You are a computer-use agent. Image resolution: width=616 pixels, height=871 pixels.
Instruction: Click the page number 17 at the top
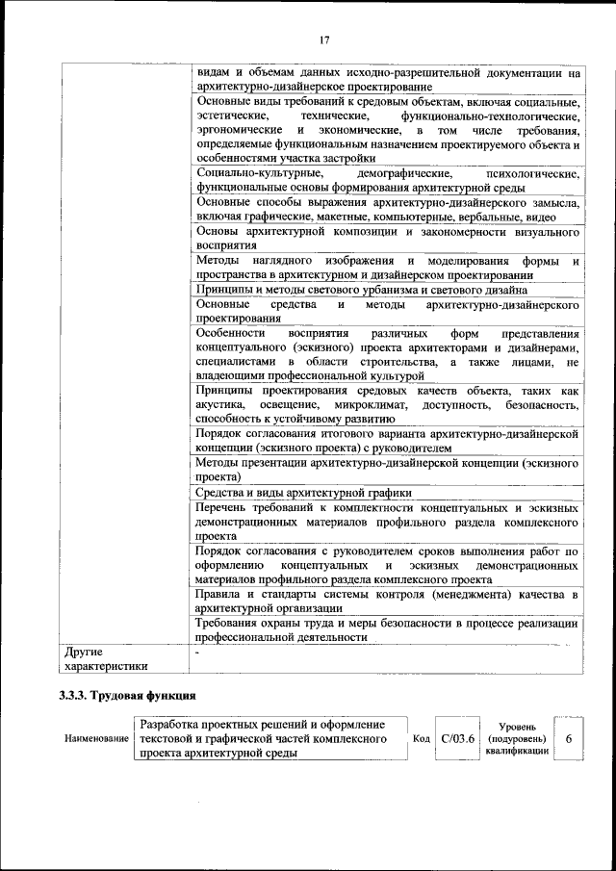click(324, 39)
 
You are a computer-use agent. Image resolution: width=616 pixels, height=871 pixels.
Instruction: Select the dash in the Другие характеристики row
click(197, 653)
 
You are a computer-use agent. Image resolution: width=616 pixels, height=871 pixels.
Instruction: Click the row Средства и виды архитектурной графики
click(303, 493)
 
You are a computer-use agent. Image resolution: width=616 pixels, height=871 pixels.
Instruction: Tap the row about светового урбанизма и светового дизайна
click(361, 289)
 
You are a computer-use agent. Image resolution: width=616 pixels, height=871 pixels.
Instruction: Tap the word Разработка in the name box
click(169, 724)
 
